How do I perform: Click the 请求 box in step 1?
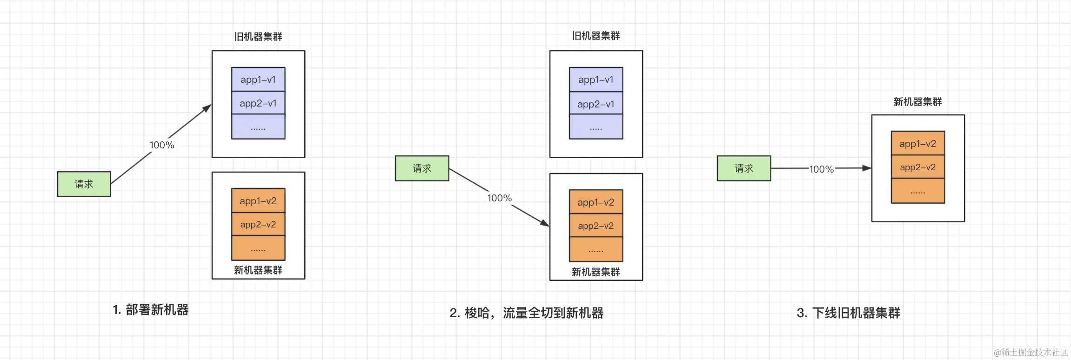click(84, 184)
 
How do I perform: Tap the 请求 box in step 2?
click(422, 168)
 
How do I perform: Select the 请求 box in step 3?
click(743, 168)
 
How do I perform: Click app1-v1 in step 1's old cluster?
click(258, 80)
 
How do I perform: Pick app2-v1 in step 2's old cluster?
click(596, 104)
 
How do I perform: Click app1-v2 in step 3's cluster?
click(917, 144)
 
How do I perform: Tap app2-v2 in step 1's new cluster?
click(258, 225)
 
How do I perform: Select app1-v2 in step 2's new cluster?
click(596, 202)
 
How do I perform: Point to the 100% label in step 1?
click(162, 145)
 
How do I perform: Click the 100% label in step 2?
click(500, 198)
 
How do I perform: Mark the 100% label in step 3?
click(822, 169)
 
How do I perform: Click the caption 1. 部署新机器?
click(151, 310)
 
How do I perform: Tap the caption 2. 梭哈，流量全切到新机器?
click(526, 313)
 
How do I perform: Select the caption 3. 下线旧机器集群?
click(848, 313)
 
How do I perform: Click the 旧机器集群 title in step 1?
click(258, 37)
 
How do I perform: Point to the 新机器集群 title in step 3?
click(917, 102)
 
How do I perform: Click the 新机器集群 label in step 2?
click(596, 272)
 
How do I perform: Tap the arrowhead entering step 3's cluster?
click(867, 168)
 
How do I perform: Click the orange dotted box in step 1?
click(258, 248)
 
